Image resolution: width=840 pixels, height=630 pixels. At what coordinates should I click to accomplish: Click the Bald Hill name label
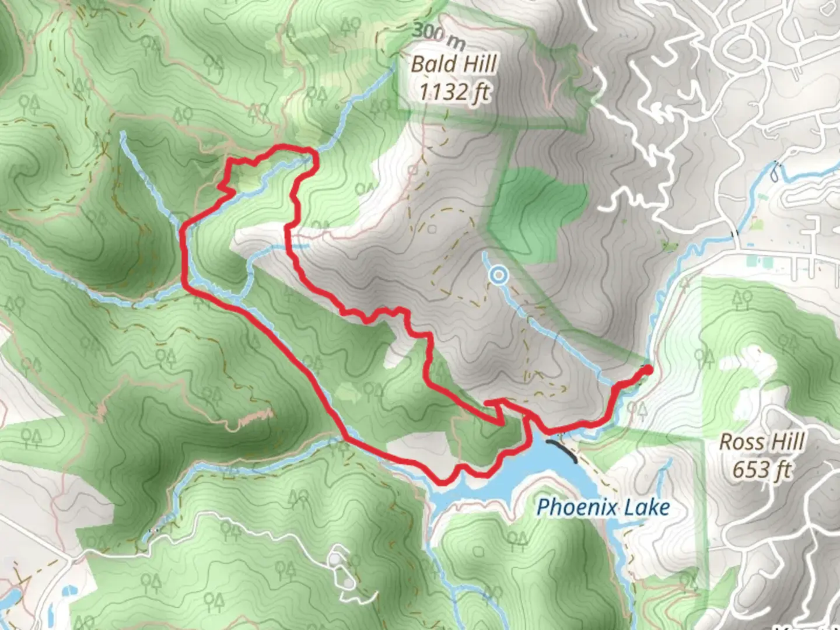(x=454, y=64)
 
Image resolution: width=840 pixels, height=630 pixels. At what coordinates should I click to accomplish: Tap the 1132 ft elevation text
(x=454, y=92)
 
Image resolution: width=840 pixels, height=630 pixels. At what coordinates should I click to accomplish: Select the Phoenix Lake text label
(x=603, y=507)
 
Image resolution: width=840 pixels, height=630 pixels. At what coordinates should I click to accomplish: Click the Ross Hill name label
(x=761, y=442)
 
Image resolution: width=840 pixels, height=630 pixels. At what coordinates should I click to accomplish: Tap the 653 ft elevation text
(x=761, y=468)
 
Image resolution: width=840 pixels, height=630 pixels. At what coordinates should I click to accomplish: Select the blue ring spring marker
(x=498, y=275)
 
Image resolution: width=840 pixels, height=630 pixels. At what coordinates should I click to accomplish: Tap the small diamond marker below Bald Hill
(x=413, y=170)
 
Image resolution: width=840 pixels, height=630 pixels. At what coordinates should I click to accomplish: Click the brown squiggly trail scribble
(x=255, y=416)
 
